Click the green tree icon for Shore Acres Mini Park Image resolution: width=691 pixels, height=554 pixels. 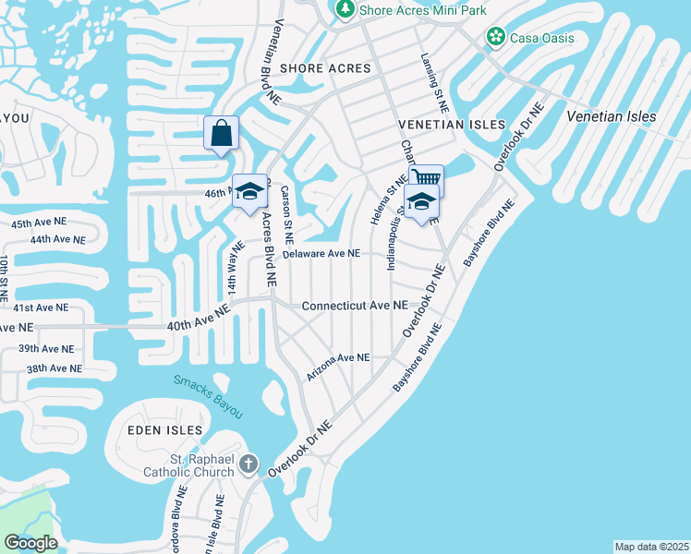point(345,8)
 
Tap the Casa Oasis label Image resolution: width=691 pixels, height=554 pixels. point(544,38)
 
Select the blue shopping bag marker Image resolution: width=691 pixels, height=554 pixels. point(222,134)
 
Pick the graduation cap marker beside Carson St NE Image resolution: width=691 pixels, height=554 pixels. point(249,192)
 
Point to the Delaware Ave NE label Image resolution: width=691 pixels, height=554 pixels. point(321,253)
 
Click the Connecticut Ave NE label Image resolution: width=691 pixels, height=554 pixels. point(354,306)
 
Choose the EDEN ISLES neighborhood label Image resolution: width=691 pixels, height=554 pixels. point(166,430)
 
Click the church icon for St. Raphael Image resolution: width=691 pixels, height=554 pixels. point(248,464)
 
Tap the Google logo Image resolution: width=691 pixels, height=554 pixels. point(30,543)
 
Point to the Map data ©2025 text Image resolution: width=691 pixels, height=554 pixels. point(651,547)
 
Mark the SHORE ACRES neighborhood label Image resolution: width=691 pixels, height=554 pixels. point(324,68)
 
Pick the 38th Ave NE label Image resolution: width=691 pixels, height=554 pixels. point(54,368)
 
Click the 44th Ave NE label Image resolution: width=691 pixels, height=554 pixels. point(57,239)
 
